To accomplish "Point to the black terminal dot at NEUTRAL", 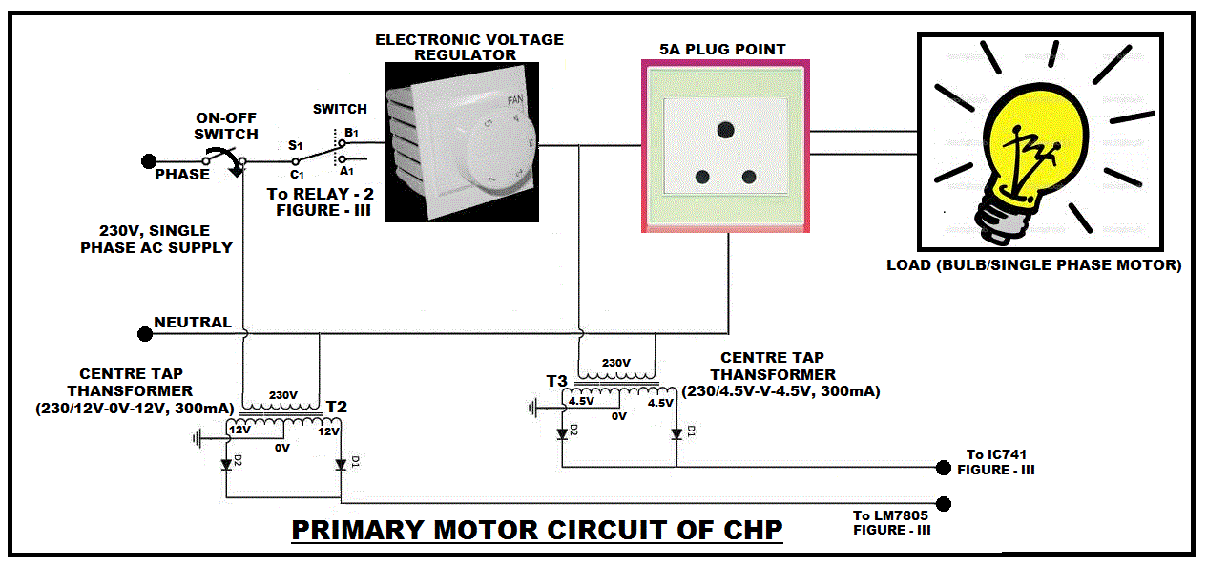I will (x=145, y=334).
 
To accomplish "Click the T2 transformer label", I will (x=336, y=407).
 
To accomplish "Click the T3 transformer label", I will (x=557, y=381).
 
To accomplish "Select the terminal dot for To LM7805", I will (x=945, y=504).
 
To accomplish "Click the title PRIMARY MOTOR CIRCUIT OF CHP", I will (x=537, y=530).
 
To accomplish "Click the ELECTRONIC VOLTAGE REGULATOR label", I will (x=469, y=47).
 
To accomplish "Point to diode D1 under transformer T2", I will (x=342, y=464).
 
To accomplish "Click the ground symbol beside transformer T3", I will (x=531, y=409).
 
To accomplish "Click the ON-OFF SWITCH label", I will (x=226, y=127).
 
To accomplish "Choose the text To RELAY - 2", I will (x=313, y=194).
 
